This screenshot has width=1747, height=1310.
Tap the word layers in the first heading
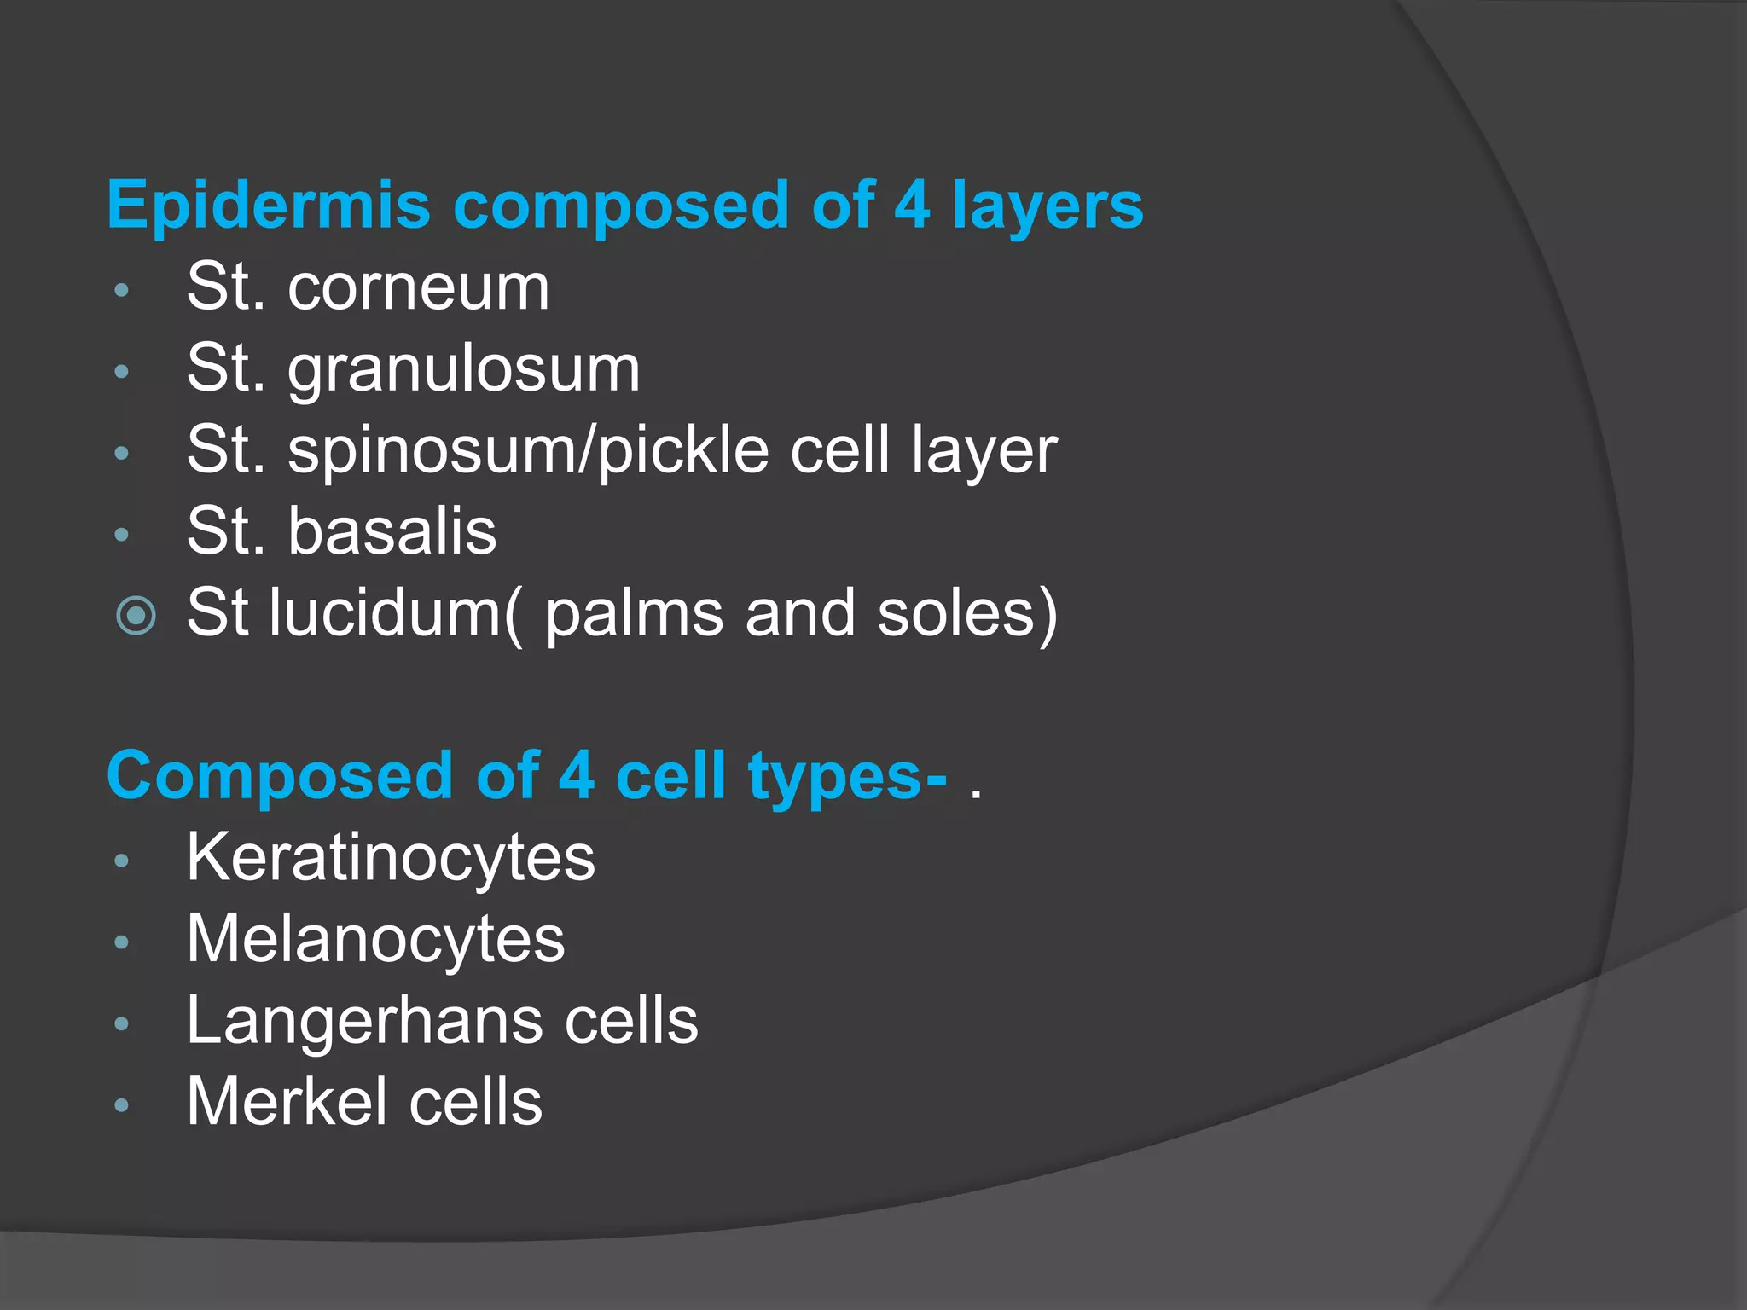point(1048,206)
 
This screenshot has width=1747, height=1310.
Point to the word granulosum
point(463,369)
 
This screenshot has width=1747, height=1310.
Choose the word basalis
point(392,531)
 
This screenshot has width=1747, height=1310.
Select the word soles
point(955,612)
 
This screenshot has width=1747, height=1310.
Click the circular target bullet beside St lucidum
point(136,615)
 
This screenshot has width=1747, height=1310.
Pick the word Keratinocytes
point(391,858)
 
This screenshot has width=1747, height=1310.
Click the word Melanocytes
point(375,939)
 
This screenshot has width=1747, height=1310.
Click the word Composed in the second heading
point(280,776)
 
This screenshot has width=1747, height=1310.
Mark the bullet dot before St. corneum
point(122,291)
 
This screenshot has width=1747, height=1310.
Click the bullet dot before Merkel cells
point(122,1106)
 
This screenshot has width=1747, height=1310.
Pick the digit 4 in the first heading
point(911,206)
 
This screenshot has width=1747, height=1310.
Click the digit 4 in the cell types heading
point(577,776)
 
